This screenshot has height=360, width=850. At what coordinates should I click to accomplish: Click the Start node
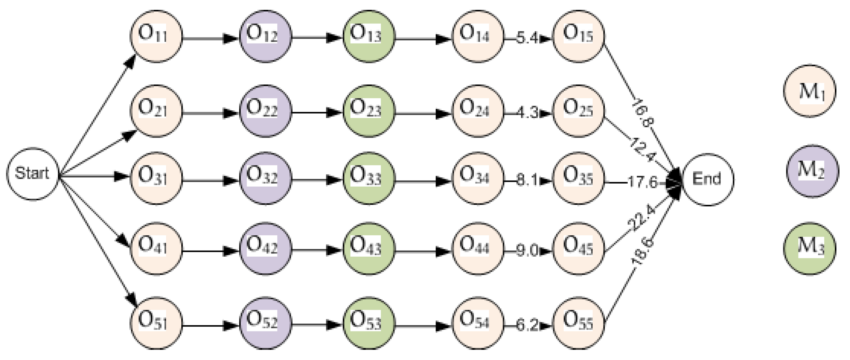pyautogui.click(x=32, y=174)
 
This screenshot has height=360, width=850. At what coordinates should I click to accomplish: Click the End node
pyautogui.click(x=708, y=179)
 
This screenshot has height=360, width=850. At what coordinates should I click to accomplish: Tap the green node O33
pyautogui.click(x=368, y=178)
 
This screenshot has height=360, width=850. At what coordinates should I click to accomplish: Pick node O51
pyautogui.click(x=156, y=322)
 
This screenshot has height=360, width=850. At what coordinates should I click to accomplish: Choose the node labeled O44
pyautogui.click(x=477, y=248)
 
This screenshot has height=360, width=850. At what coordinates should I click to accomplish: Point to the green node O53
pyautogui.click(x=368, y=322)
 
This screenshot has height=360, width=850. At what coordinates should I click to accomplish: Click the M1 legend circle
pyautogui.click(x=810, y=91)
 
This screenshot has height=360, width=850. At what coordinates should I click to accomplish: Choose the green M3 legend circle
pyautogui.click(x=810, y=248)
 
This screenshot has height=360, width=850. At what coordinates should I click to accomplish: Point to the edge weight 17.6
pyautogui.click(x=642, y=182)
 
